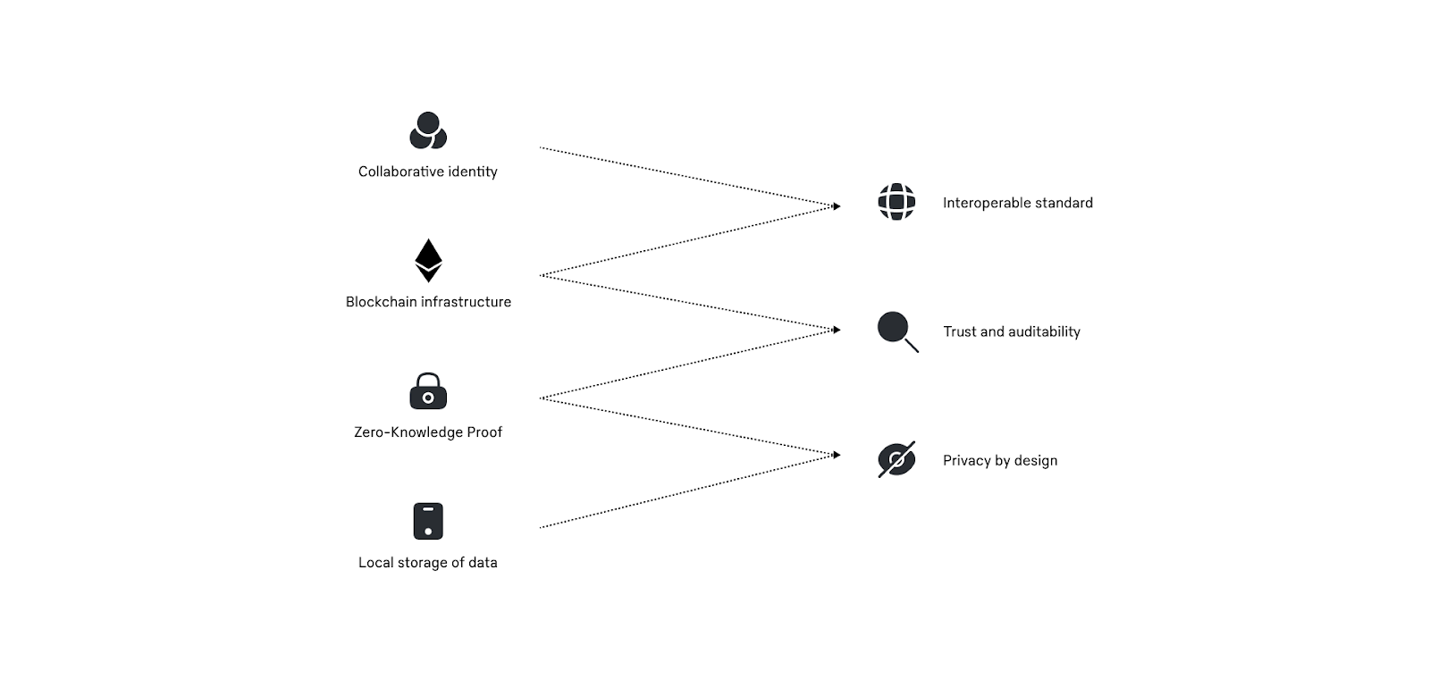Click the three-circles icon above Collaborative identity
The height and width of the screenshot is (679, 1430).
(x=428, y=130)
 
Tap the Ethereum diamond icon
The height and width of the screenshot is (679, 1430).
(x=428, y=260)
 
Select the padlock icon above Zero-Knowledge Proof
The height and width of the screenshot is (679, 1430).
(x=428, y=391)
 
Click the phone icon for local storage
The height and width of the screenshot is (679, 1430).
(x=428, y=521)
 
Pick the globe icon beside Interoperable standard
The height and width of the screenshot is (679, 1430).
(x=896, y=202)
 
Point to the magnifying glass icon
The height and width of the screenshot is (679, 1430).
(x=896, y=331)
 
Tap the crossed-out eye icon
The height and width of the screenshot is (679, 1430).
(x=896, y=460)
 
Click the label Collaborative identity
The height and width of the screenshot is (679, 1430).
(x=428, y=172)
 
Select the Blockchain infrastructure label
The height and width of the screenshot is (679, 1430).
(x=428, y=302)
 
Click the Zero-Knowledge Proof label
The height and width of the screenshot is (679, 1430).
(x=428, y=432)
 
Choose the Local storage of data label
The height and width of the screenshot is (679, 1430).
(x=428, y=563)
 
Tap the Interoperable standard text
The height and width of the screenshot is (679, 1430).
(x=1017, y=203)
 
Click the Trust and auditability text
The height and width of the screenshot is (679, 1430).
(x=1012, y=331)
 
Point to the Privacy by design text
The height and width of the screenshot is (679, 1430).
(x=1000, y=461)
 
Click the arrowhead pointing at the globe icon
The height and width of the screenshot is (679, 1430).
(x=837, y=206)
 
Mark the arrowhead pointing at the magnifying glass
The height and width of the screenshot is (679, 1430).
(x=837, y=331)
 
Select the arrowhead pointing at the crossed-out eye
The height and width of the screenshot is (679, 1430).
(x=837, y=456)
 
